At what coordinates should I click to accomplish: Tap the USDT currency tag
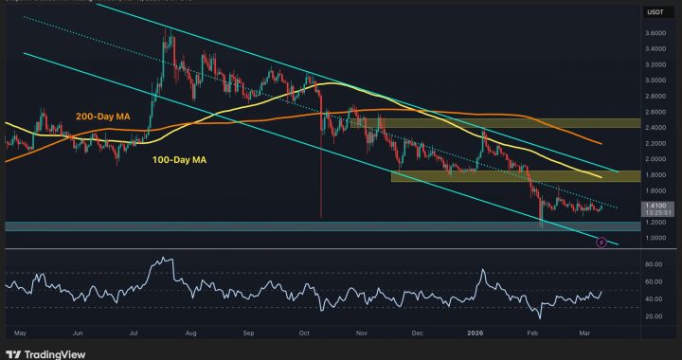click(655, 12)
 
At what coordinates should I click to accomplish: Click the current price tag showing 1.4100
click(655, 204)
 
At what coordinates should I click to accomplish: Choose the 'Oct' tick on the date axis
click(305, 334)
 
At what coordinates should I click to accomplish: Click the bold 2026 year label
click(476, 334)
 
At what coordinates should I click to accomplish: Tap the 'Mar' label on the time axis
click(588, 334)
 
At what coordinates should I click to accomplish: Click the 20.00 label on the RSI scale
click(655, 315)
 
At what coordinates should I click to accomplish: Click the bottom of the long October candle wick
click(321, 218)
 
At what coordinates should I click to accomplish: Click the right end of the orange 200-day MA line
click(602, 143)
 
